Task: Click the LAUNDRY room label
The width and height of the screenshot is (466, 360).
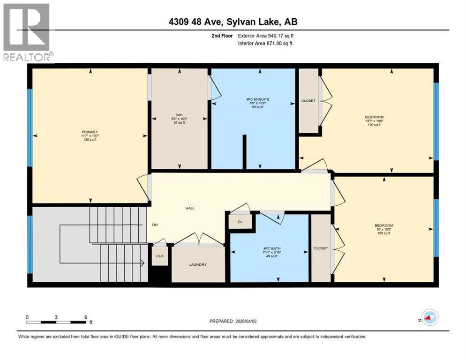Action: [198, 265]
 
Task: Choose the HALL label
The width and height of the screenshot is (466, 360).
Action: [189, 208]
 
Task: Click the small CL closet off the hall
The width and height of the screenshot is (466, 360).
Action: [239, 222]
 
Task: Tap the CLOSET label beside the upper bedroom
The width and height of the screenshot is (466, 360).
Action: [308, 101]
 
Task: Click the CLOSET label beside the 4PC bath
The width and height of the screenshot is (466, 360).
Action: [321, 248]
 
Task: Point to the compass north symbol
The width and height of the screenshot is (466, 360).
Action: [429, 318]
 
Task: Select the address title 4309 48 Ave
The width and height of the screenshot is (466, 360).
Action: [233, 22]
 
